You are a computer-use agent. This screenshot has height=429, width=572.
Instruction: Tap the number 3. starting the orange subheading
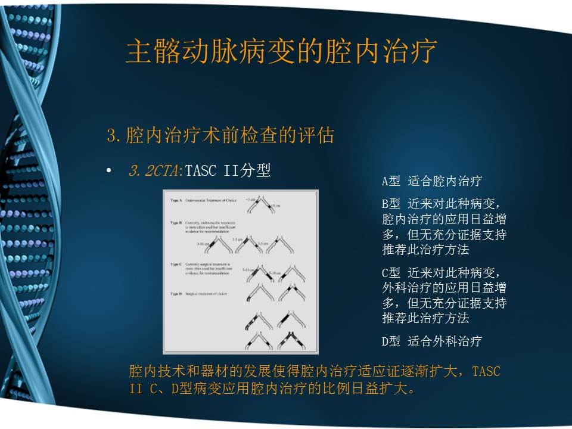(x=114, y=136)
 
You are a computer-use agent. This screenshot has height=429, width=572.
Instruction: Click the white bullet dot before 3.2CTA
(x=108, y=172)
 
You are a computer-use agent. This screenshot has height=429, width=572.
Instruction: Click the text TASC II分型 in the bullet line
(x=228, y=172)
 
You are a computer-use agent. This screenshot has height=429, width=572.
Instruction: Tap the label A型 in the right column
(x=391, y=181)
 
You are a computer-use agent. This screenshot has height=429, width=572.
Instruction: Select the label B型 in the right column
(x=391, y=203)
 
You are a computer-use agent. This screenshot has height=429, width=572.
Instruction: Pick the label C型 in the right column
(x=391, y=273)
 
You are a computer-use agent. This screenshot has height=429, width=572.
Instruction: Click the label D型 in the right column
(x=391, y=341)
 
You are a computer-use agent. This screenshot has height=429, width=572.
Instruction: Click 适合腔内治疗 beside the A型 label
(x=444, y=181)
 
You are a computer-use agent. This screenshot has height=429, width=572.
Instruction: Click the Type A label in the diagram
(x=176, y=201)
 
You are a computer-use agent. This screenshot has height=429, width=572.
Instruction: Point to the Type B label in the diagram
(x=176, y=222)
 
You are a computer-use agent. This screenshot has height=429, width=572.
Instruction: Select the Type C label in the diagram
(x=176, y=263)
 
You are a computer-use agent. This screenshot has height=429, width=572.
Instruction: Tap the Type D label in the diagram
(x=176, y=294)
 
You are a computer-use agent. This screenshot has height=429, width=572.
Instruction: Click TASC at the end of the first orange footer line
(x=486, y=372)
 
